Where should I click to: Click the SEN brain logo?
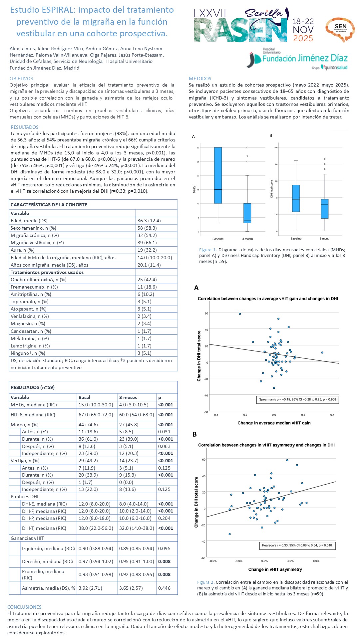click(340, 29)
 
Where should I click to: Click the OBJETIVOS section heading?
click(21, 79)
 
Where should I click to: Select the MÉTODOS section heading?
click(200, 79)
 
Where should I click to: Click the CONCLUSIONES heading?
click(24, 607)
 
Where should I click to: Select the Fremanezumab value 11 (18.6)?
click(147, 287)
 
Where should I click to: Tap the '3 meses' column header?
click(128, 397)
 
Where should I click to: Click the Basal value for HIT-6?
click(96, 415)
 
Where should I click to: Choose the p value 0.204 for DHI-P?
click(164, 518)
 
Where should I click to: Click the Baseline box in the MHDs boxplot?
click(218, 175)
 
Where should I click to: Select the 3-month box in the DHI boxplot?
click(325, 209)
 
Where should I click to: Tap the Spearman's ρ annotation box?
click(298, 399)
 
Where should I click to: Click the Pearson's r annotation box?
click(297, 545)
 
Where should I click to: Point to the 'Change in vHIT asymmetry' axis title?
click(275, 569)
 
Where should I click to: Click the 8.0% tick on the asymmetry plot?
click(316, 561)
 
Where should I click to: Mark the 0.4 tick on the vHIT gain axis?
click(332, 415)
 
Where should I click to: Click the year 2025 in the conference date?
click(303, 39)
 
